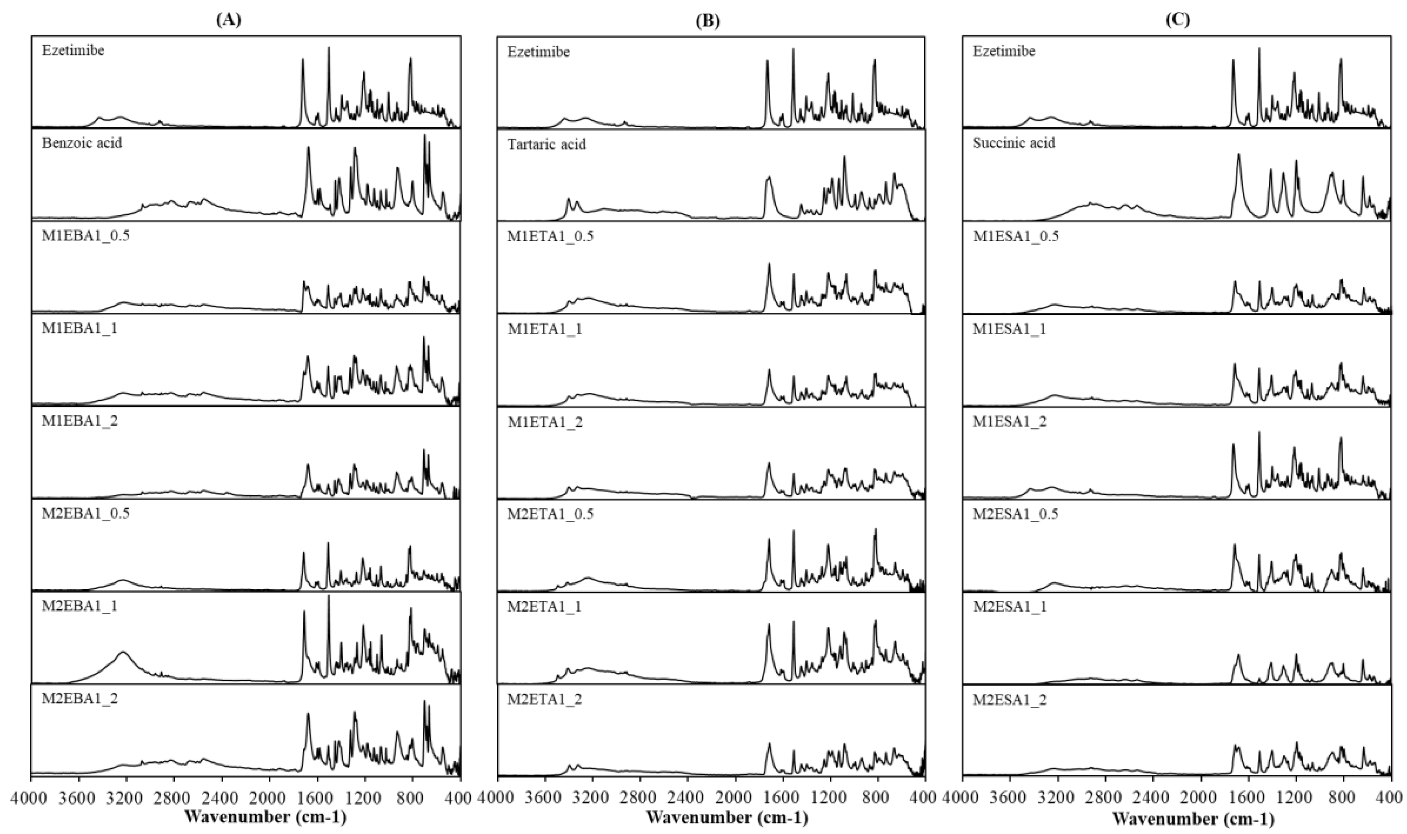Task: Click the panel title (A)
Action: (x=228, y=20)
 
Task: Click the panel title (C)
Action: (x=1177, y=20)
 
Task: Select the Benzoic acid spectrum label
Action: (x=81, y=143)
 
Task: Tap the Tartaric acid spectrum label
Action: (x=547, y=144)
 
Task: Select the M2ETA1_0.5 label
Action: (x=550, y=514)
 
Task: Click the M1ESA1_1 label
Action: (x=1009, y=329)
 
